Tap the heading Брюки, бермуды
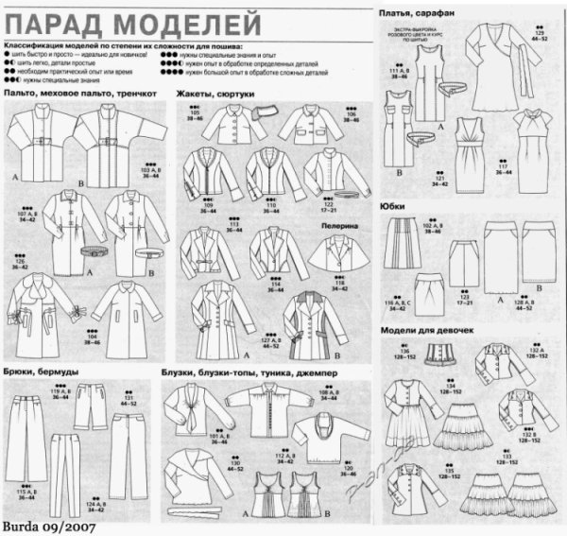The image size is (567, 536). pos(40,372)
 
